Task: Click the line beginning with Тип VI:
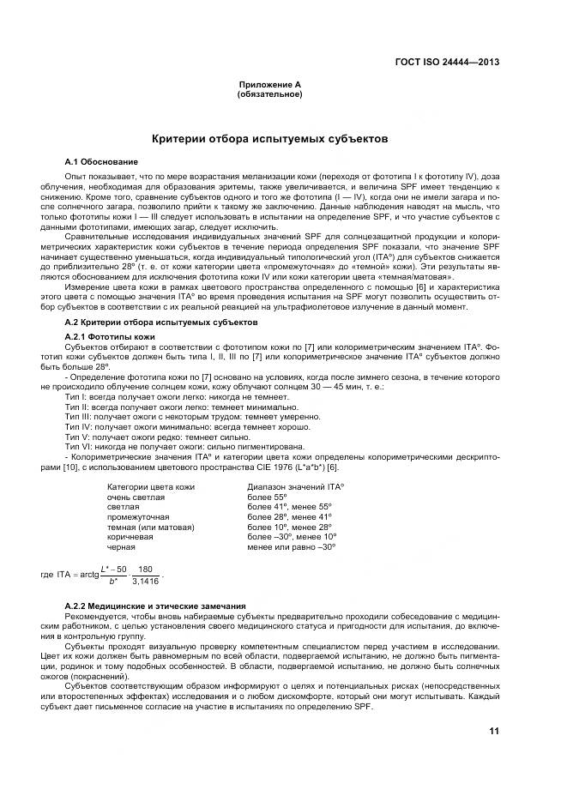[x=184, y=446]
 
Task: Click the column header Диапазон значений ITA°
[x=295, y=487]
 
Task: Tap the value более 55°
[x=267, y=497]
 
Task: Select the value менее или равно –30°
[x=291, y=546]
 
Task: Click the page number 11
[x=493, y=731]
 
